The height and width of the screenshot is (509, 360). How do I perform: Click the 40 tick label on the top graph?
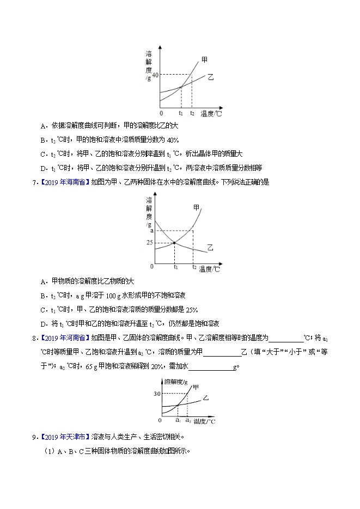pyautogui.click(x=155, y=75)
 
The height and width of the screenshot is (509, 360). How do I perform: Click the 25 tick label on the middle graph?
pyautogui.click(x=150, y=242)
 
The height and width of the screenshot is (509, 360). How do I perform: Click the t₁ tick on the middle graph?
pyautogui.click(x=175, y=267)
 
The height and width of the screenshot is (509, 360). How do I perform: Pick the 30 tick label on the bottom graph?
pyautogui.click(x=157, y=393)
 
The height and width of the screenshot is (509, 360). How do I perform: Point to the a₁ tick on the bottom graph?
pyautogui.click(x=178, y=420)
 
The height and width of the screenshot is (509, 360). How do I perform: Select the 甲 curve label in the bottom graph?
pyautogui.click(x=189, y=387)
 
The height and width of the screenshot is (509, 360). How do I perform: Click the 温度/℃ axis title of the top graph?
pyautogui.click(x=211, y=113)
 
